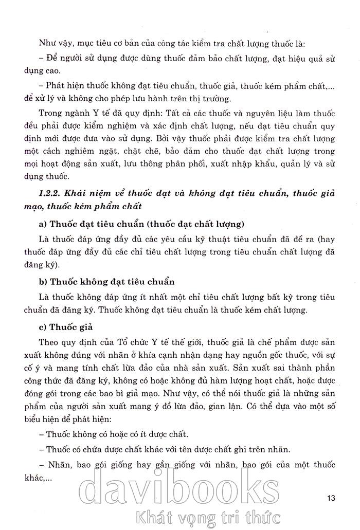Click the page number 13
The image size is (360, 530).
(331, 498)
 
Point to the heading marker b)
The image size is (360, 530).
(43, 282)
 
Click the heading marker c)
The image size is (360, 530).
(43, 327)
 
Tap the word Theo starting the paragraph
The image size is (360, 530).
(49, 342)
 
